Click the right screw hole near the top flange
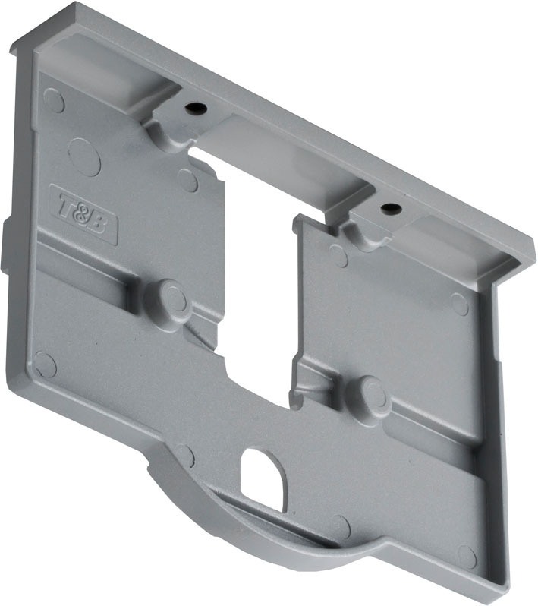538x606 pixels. (x=389, y=207)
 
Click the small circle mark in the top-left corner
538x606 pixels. (x=53, y=99)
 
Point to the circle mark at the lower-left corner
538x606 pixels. (x=46, y=365)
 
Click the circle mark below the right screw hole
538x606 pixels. (x=338, y=257)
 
